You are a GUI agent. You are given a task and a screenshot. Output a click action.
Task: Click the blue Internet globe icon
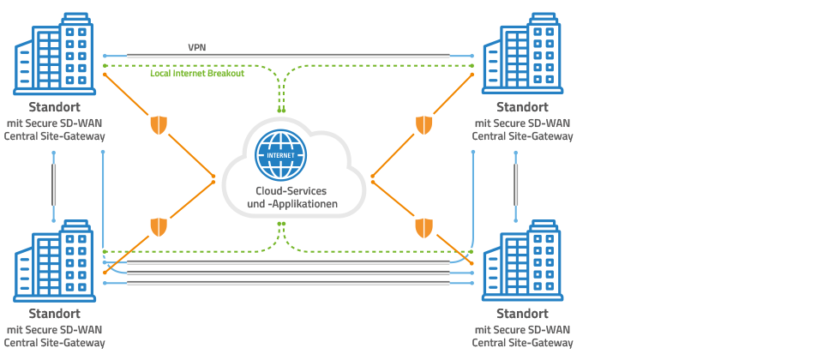280,152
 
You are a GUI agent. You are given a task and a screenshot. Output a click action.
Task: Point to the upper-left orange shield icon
159,125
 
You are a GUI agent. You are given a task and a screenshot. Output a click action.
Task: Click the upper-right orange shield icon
424,125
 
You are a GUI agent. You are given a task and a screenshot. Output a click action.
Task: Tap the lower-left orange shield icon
159,227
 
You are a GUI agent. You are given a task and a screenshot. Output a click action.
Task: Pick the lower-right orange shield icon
424,227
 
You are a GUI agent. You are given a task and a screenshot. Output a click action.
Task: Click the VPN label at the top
197,48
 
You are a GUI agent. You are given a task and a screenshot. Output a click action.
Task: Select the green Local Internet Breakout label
196,75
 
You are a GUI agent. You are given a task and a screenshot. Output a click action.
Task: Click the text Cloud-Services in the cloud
291,190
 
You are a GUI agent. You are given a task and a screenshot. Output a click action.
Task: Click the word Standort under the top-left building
55,108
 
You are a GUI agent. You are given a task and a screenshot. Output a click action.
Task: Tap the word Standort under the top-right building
522,108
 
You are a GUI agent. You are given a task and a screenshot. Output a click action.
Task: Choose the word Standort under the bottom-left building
55,314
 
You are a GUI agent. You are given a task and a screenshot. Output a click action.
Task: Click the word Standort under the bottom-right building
522,314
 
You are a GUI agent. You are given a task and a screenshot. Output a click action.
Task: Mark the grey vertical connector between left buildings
54,185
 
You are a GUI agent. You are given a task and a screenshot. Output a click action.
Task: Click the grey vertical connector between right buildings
518,185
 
